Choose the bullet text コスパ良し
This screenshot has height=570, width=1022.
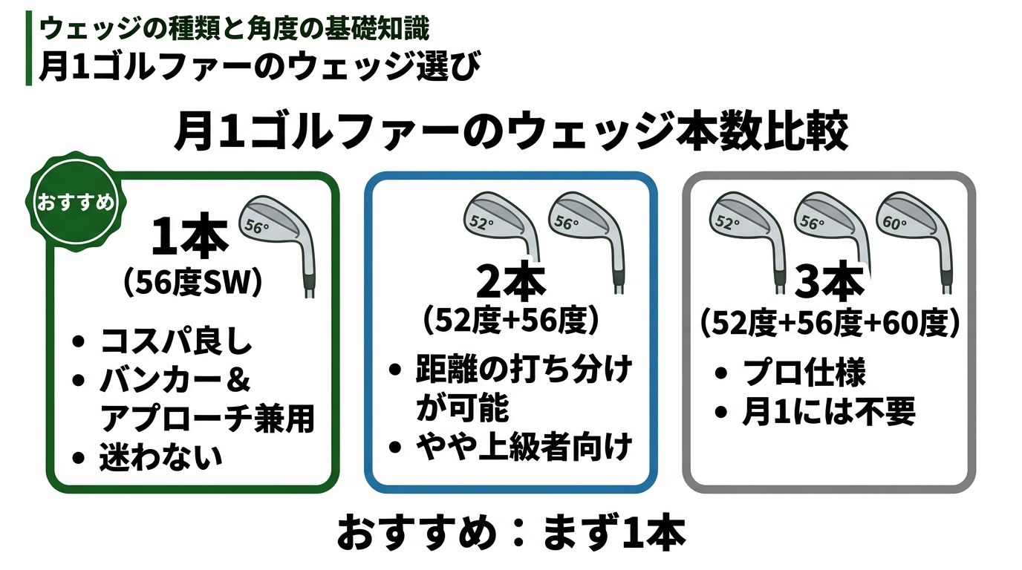(x=177, y=344)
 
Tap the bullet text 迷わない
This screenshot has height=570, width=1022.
(x=161, y=457)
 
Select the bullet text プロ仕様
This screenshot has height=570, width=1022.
(x=804, y=373)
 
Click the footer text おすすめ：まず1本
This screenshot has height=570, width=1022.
(x=511, y=533)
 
